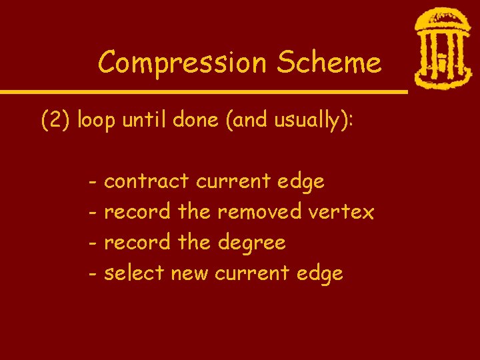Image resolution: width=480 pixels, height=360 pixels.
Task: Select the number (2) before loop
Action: tap(56, 121)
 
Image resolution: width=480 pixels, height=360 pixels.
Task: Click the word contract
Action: tap(148, 181)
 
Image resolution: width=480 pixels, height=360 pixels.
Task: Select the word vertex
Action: tap(341, 212)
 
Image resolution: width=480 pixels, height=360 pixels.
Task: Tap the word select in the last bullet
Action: tap(135, 273)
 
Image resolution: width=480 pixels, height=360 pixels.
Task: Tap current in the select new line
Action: tap(252, 273)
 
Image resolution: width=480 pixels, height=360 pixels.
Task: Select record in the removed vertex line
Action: tap(138, 212)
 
